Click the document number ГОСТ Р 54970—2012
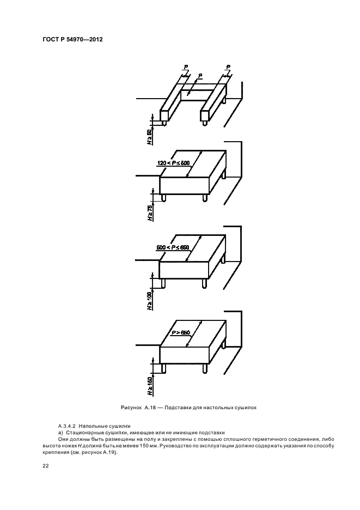pyautogui.click(x=72, y=40)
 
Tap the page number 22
pyautogui.click(x=46, y=466)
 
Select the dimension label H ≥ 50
pyautogui.click(x=149, y=137)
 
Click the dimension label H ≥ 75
pyautogui.click(x=150, y=213)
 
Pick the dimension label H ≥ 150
pyautogui.click(x=150, y=386)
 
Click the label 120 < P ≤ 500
pyautogui.click(x=172, y=162)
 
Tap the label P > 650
pyautogui.click(x=181, y=333)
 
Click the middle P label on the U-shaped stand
pyautogui.click(x=200, y=75)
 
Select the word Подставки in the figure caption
pyautogui.click(x=178, y=408)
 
